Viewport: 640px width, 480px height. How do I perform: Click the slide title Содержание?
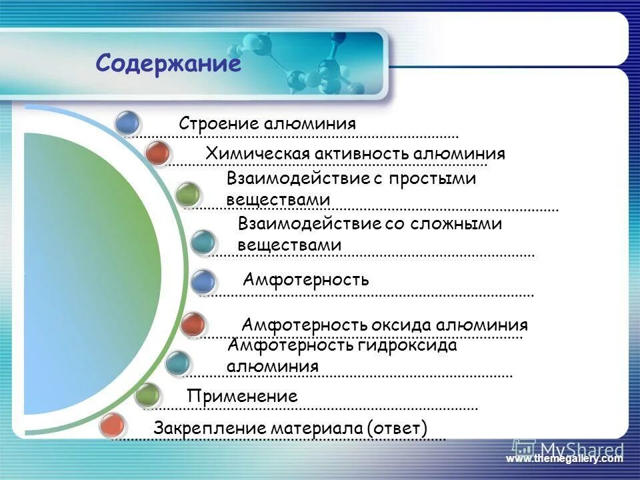coord(167,64)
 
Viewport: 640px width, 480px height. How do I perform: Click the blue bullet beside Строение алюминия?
coord(127,122)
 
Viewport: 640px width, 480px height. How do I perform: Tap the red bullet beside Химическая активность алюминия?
coord(158,153)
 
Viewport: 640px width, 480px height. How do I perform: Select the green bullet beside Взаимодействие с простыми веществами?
coord(189,193)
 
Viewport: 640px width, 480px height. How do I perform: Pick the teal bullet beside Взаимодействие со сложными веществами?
coord(203,241)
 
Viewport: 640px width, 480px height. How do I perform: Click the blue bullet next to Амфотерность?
coord(203,281)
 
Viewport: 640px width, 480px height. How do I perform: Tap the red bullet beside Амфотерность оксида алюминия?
coord(193,324)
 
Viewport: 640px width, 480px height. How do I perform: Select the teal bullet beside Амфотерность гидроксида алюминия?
coord(177,362)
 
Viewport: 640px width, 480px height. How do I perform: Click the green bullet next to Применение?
coord(147,395)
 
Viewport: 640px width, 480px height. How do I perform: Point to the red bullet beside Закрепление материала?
coord(113,425)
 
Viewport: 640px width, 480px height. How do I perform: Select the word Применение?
coord(242,396)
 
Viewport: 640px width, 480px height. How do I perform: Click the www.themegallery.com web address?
coord(564,459)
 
